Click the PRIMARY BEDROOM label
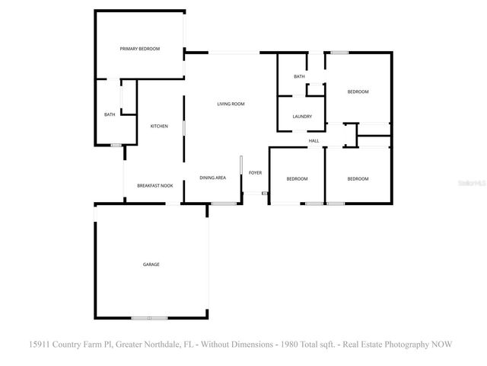140,49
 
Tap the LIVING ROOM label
231,104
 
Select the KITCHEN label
159,126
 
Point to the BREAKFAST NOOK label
154,185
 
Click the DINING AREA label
213,178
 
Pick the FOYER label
255,173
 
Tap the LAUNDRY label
299,116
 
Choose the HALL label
314,140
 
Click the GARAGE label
151,264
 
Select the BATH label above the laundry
299,76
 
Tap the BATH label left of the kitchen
110,114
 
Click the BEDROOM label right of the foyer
297,178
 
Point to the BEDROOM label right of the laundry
358,91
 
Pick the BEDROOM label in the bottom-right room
358,178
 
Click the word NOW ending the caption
442,344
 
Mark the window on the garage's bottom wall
148,317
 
